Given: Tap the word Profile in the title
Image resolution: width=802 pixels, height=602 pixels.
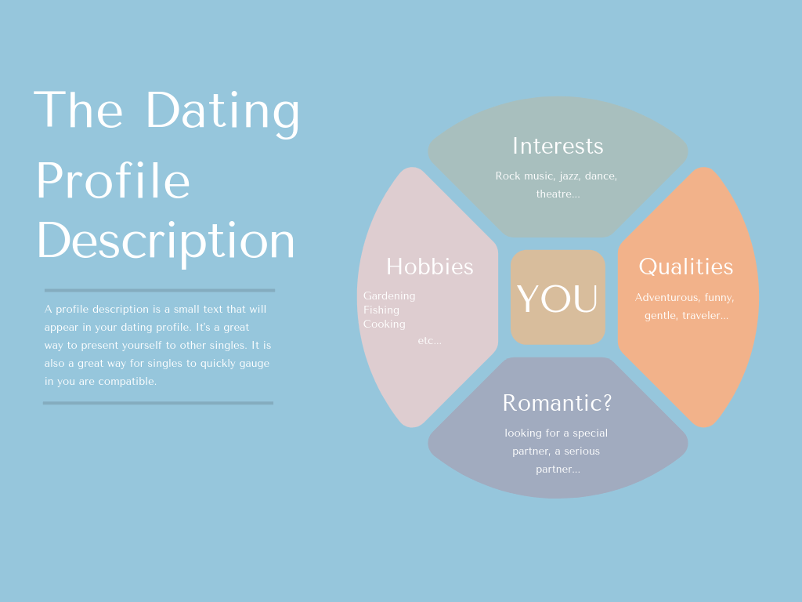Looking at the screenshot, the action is (113, 180).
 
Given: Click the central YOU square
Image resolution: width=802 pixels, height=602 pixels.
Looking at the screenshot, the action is (558, 297).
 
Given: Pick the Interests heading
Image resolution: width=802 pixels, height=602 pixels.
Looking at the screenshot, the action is (558, 147).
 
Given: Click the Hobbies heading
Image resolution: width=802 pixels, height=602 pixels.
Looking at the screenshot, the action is (430, 267).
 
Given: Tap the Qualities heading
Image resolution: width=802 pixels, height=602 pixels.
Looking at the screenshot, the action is (686, 267).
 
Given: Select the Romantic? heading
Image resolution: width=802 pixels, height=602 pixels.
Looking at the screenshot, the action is (557, 403).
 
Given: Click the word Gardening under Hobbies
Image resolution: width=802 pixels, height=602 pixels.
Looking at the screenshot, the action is (389, 296).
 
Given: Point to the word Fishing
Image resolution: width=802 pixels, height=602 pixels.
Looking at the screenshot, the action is (381, 310).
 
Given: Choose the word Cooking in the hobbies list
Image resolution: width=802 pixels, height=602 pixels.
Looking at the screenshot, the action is (384, 324).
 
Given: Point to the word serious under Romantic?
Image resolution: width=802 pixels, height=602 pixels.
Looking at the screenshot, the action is (582, 451).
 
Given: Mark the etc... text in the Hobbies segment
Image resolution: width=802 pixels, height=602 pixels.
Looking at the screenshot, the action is (430, 341).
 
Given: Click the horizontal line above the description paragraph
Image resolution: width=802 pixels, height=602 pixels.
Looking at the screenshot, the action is (160, 290).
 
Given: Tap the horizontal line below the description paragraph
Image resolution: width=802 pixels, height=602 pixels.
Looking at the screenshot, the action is (158, 403).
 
